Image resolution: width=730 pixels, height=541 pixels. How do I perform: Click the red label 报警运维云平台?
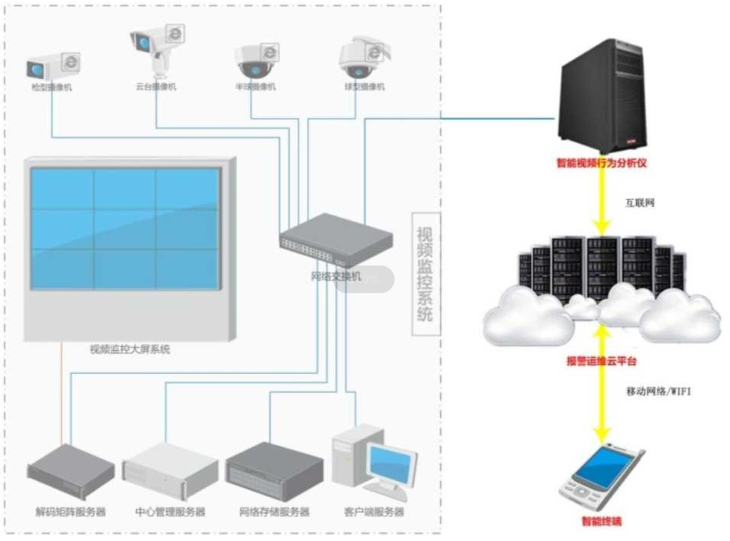coord(602,361)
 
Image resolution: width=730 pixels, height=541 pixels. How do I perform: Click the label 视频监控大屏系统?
coord(129,349)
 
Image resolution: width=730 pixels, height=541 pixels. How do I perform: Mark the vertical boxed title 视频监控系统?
coord(425,274)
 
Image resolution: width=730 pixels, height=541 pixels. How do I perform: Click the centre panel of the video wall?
coord(125,228)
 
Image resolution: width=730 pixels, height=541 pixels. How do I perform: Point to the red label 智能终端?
coord(602,522)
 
